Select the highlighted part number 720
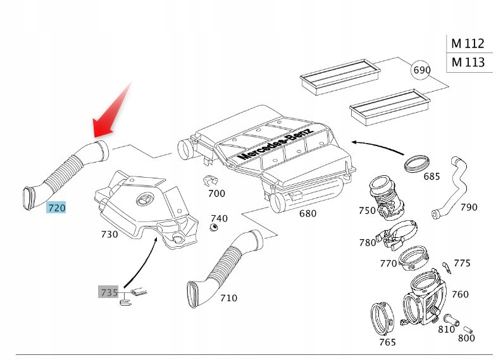click(x=56, y=207)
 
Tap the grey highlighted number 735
click(x=108, y=292)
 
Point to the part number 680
click(x=307, y=213)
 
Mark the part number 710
click(x=228, y=297)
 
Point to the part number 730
click(x=109, y=234)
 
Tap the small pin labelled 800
click(x=467, y=329)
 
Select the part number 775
click(x=462, y=263)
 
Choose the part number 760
click(x=460, y=294)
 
